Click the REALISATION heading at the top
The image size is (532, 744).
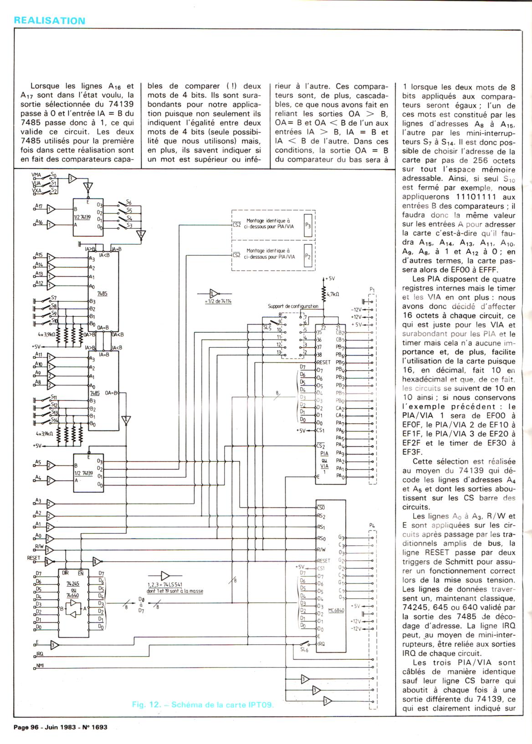point(50,21)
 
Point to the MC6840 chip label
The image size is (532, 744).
point(336,609)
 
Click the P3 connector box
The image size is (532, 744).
point(308,226)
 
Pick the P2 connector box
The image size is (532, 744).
point(308,257)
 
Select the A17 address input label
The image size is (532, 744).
point(38,206)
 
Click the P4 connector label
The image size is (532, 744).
point(372,526)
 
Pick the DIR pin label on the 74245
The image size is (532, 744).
point(65,573)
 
